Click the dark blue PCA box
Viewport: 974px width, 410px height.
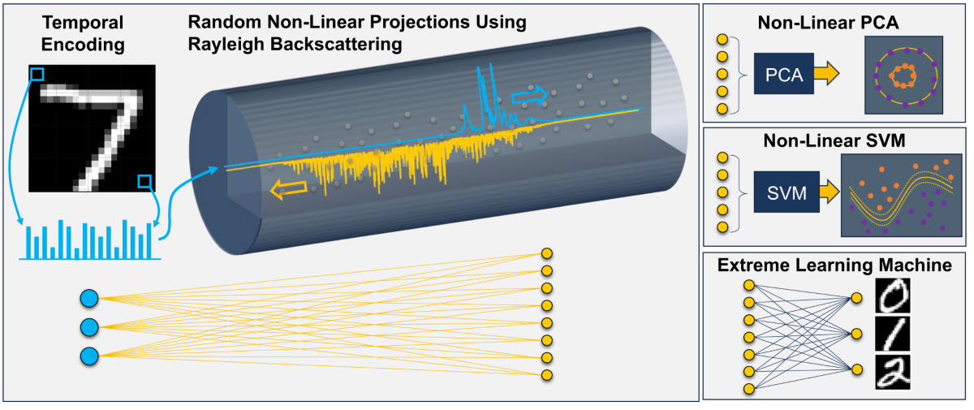click(x=783, y=74)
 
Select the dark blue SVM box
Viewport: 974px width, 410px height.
click(x=787, y=192)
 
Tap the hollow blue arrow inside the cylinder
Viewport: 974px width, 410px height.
click(x=529, y=96)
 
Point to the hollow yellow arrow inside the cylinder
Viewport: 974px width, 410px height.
click(x=289, y=189)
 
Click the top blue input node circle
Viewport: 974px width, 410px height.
click(x=89, y=299)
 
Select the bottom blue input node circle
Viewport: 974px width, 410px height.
click(x=89, y=356)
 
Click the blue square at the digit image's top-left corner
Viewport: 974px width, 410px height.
click(x=37, y=75)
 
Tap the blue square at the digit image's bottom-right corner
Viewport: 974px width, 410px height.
click(x=144, y=181)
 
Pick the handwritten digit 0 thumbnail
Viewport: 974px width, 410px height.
click(x=892, y=296)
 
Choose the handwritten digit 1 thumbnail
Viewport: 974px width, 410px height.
click(x=892, y=334)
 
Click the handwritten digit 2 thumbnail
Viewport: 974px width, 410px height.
click(x=892, y=372)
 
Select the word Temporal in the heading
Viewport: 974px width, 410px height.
click(x=83, y=23)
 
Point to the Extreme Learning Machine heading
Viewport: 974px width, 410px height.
click(x=834, y=265)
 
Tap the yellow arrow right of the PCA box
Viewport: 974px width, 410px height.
click(x=826, y=73)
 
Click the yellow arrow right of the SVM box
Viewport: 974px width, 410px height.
click(x=830, y=192)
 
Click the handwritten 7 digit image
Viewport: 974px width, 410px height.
click(x=93, y=128)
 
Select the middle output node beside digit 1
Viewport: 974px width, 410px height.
click(x=856, y=334)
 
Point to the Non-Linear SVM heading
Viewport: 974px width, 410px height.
click(x=834, y=141)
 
